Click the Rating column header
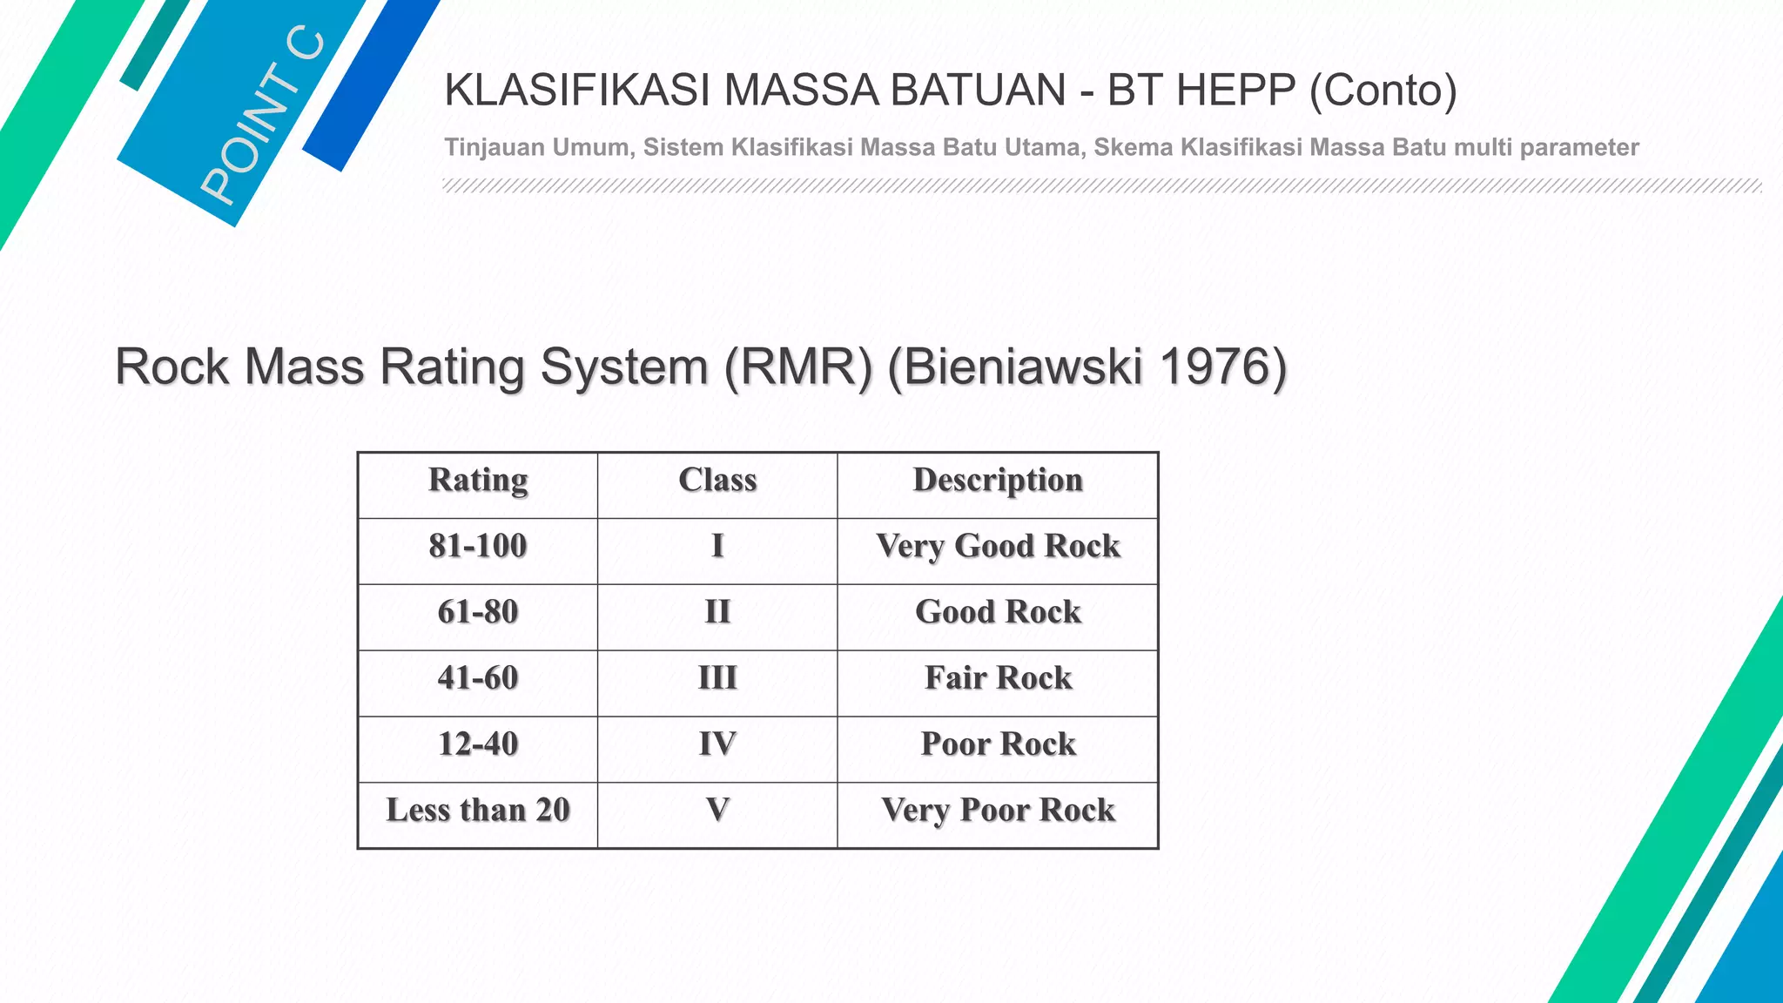pyautogui.click(x=478, y=481)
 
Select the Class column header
pyautogui.click(x=717, y=481)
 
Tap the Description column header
pyautogui.click(x=998, y=481)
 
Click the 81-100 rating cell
pyautogui.click(x=478, y=547)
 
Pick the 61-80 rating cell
pyautogui.click(x=478, y=613)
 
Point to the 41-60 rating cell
pyautogui.click(x=478, y=679)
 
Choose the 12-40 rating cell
pyautogui.click(x=478, y=745)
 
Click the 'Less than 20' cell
pyautogui.click(x=478, y=811)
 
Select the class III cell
pyautogui.click(x=717, y=679)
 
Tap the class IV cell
pyautogui.click(x=717, y=745)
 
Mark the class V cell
pyautogui.click(x=717, y=811)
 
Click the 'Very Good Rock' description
pyautogui.click(x=998, y=547)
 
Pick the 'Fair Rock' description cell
pyautogui.click(x=998, y=679)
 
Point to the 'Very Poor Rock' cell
pyautogui.click(x=998, y=811)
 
